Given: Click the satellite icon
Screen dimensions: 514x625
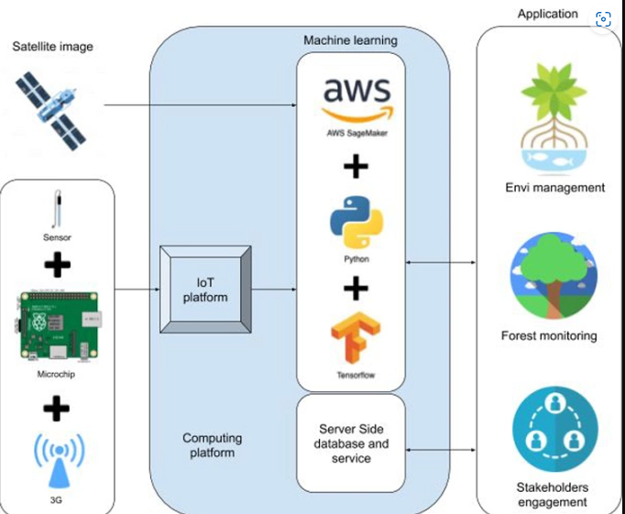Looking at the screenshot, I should click(x=51, y=109).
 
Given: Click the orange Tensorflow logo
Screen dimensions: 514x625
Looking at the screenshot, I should click(x=356, y=340).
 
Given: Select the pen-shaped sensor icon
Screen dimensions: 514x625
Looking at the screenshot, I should click(x=57, y=210).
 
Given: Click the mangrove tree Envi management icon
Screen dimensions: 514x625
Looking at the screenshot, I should click(x=554, y=114).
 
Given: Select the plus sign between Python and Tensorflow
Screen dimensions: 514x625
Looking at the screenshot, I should click(x=356, y=288).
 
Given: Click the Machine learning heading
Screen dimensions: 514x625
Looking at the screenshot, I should click(x=351, y=40).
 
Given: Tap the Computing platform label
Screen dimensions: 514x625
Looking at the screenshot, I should click(x=209, y=445).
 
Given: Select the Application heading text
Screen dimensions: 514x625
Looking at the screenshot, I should click(x=548, y=14).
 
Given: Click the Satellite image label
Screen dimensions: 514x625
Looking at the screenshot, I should click(x=53, y=46).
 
